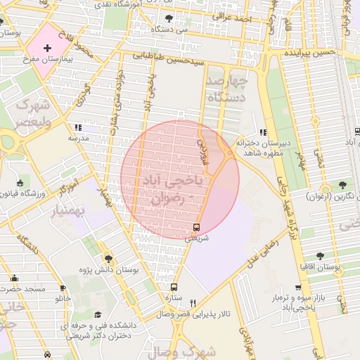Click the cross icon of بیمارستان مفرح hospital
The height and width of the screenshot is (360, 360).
point(47,49)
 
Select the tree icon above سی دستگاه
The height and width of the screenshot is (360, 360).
point(168,18)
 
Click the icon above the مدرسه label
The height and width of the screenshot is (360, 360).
point(77,127)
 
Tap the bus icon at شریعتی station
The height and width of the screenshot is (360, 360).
point(196,227)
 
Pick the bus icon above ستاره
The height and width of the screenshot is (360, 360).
point(174,287)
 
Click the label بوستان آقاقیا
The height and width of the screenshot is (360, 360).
point(321,268)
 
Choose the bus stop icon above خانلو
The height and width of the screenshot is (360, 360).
point(63,288)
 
